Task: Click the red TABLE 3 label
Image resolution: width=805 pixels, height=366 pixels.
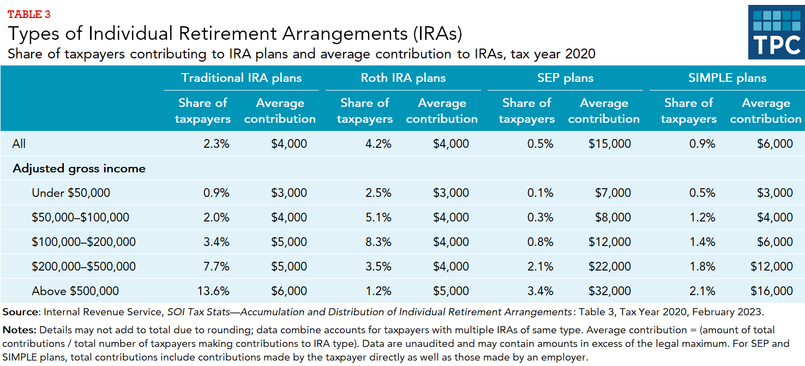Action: pos(29,14)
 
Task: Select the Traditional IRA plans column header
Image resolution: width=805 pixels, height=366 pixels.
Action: pos(241,78)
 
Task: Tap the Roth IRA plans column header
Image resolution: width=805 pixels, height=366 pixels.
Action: pos(403,78)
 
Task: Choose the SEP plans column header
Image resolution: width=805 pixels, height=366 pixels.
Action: pos(565,78)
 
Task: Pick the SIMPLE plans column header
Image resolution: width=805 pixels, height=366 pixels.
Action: pos(727,78)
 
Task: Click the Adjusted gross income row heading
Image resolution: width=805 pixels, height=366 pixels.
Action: pos(79,169)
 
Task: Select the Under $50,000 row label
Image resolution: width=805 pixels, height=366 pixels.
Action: pos(71,193)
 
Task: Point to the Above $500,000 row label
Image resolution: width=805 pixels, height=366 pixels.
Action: pos(75,291)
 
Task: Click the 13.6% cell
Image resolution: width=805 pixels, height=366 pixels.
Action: pos(214,291)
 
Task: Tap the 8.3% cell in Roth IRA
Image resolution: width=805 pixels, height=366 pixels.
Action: pos(378,242)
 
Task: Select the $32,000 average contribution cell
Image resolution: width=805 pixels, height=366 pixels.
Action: pos(609,291)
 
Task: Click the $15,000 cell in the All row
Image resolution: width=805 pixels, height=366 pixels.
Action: pos(609,144)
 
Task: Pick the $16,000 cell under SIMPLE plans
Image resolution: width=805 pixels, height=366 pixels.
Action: pos(771,291)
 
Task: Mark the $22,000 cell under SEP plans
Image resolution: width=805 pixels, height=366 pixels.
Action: pos(609,267)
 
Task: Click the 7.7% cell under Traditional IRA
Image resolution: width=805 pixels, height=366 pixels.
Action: pos(216,267)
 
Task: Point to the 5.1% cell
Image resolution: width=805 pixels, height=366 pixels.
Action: pos(378,218)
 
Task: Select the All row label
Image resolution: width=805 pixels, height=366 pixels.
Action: pos(19,144)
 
